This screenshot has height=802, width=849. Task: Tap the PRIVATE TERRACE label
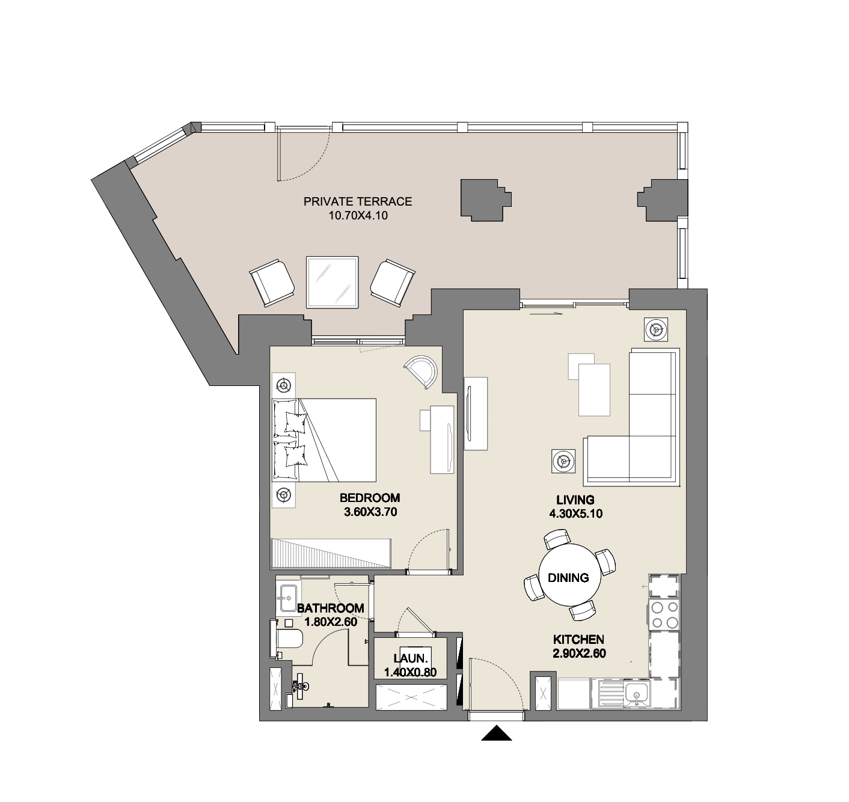pos(357,201)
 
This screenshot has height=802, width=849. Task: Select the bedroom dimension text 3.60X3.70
pos(370,512)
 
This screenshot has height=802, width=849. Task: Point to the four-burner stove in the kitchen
pos(664,614)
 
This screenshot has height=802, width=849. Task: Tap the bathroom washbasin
pos(288,597)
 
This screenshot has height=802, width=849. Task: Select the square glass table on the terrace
pos(332,282)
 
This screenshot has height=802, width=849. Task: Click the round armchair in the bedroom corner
pos(422,371)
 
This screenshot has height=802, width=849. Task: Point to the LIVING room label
pos(575,500)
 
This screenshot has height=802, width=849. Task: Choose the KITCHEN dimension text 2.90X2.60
pos(579,654)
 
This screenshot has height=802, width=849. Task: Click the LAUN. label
pos(411,658)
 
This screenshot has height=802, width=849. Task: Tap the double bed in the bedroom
pos(324,440)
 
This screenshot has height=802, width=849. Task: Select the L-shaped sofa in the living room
pos(633,418)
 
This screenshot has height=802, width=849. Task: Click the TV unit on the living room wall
pos(476,414)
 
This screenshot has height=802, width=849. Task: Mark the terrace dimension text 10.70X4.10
pos(358,215)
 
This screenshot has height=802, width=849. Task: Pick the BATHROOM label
pos(331,608)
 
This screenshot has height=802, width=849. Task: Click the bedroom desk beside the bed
pos(441,439)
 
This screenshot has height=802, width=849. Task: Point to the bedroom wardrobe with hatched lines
pos(331,553)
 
